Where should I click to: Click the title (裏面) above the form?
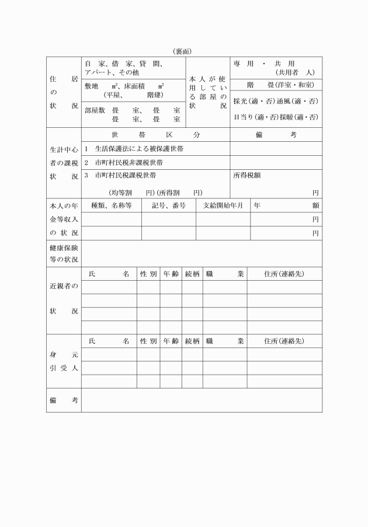(183, 51)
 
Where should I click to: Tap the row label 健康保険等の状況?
(64, 254)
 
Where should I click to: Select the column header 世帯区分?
(155, 135)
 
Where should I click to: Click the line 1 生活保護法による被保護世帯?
(134, 149)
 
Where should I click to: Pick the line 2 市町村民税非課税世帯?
(126, 163)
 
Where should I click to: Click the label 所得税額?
(247, 175)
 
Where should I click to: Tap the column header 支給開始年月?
(223, 205)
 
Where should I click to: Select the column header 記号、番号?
(169, 205)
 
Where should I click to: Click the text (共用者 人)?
(295, 72)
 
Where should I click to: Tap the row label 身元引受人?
(64, 361)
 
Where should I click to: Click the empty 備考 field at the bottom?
(202, 400)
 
